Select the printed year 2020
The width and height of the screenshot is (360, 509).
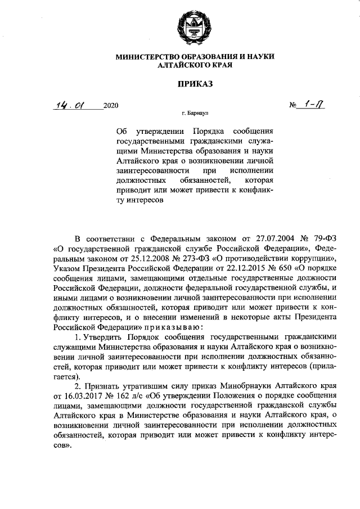[x=111, y=106]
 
